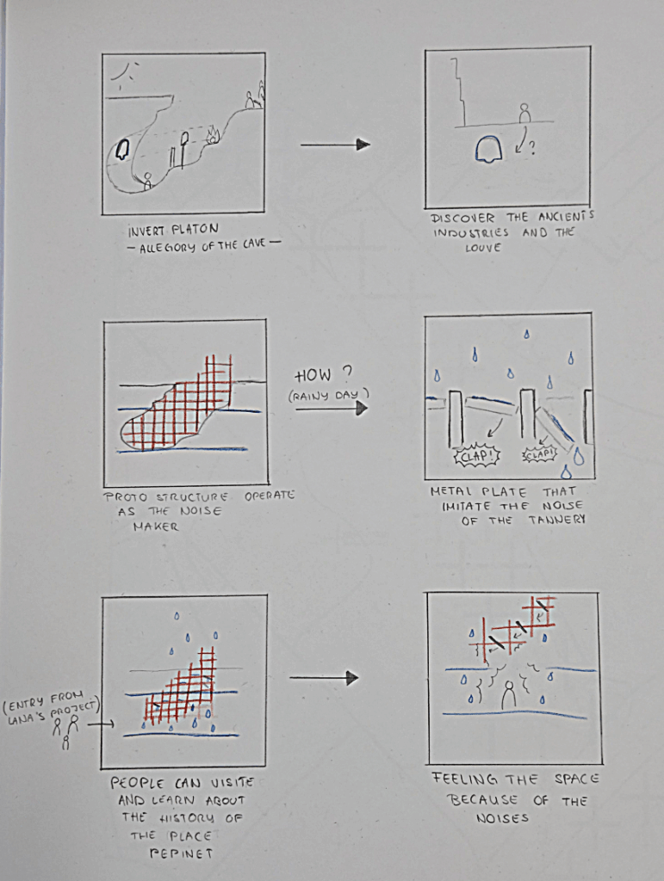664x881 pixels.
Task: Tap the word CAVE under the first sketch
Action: (x=253, y=244)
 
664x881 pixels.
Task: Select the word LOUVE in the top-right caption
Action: (x=482, y=248)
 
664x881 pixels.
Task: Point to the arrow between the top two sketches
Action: (x=335, y=145)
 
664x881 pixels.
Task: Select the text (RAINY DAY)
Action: (x=329, y=395)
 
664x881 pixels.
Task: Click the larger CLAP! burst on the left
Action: (x=477, y=456)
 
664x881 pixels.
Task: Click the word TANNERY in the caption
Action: (x=556, y=520)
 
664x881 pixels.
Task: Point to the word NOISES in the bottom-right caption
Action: (x=502, y=818)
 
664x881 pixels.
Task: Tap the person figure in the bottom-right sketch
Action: (x=509, y=694)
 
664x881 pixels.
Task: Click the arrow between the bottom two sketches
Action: (x=324, y=678)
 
